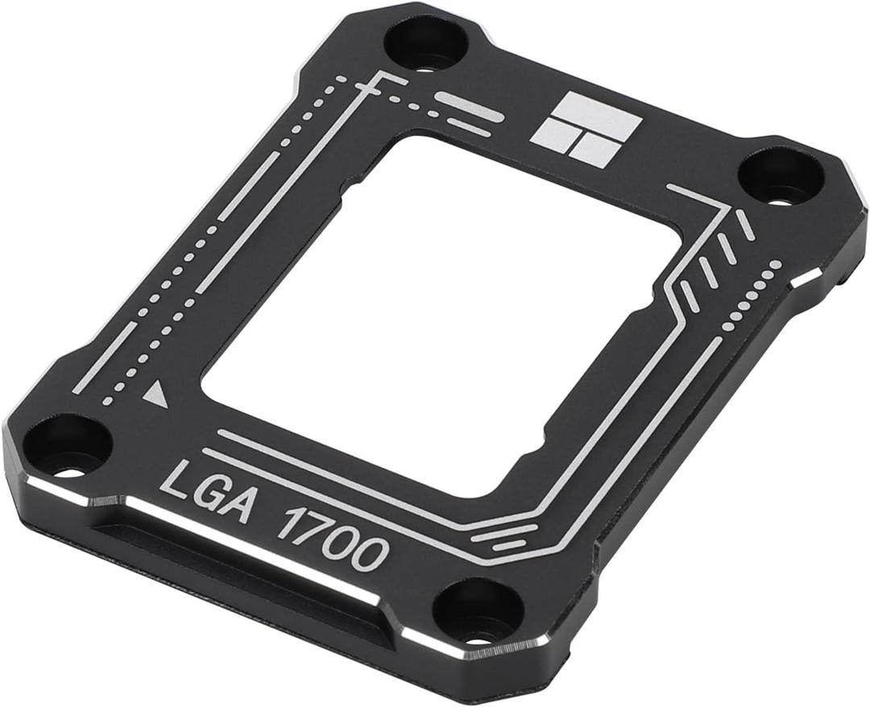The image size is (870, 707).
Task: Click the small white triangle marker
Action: (x=155, y=395)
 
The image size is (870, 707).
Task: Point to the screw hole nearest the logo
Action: (x=426, y=43)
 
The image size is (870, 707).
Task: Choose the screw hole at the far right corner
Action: (x=781, y=176)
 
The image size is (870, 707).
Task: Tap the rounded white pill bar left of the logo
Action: (x=470, y=106)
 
